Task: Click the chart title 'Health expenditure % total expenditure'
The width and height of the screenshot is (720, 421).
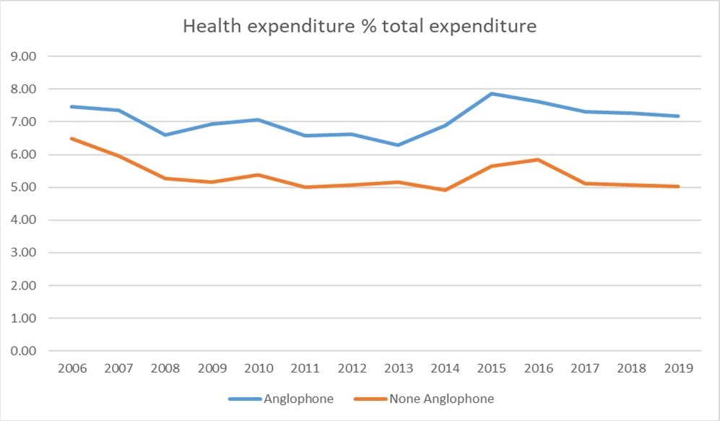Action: click(360, 27)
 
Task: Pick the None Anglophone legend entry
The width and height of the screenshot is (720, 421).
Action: click(440, 398)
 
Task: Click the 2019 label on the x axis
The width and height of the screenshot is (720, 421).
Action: click(679, 368)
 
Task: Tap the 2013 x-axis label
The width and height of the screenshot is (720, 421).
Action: click(399, 368)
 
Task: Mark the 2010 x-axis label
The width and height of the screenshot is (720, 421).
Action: click(259, 368)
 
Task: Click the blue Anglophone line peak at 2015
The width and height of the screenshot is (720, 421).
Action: click(492, 93)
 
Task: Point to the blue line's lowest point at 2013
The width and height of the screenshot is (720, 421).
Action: click(399, 145)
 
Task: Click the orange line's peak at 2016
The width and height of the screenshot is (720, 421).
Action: click(539, 160)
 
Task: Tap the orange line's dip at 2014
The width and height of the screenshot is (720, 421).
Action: click(445, 190)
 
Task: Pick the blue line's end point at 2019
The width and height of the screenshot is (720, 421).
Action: click(679, 116)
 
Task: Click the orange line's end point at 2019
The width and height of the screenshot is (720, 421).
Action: click(679, 186)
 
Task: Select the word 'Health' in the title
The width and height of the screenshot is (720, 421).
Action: click(207, 27)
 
